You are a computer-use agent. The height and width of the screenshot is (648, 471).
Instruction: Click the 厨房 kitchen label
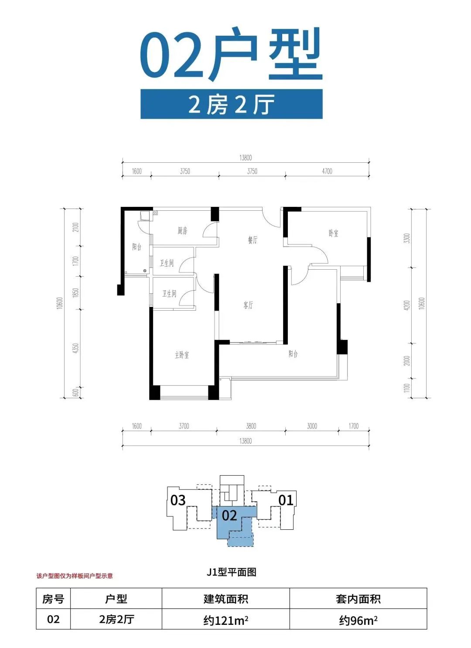[182, 230]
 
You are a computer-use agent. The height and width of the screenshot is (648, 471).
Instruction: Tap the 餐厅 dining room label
[253, 240]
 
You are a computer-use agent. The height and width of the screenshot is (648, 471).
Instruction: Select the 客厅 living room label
[248, 305]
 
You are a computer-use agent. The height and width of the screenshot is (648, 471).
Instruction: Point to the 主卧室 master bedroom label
[182, 355]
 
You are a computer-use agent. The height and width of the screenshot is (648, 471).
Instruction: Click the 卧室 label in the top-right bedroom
[333, 233]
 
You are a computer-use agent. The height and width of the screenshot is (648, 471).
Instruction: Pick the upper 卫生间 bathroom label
[167, 263]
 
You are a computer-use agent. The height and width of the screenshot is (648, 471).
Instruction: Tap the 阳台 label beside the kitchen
[137, 247]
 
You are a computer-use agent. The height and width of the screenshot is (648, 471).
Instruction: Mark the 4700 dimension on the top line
[327, 171]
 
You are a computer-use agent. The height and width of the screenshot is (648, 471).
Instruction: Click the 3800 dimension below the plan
[251, 426]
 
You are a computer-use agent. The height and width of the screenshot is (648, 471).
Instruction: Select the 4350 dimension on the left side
[76, 348]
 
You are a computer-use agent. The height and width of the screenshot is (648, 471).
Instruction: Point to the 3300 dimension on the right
[407, 238]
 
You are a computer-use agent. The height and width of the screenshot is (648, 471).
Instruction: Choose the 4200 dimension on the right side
[407, 305]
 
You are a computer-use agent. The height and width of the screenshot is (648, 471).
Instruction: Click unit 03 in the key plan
[178, 500]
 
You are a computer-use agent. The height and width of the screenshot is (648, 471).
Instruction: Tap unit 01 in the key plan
[286, 500]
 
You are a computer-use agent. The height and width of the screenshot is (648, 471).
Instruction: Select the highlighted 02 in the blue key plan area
[229, 515]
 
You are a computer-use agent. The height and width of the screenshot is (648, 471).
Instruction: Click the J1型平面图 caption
[231, 572]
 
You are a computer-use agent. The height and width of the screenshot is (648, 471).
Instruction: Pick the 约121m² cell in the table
[225, 620]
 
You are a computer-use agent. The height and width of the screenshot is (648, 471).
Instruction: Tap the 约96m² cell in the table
[358, 620]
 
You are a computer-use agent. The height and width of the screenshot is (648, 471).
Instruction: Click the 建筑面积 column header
[225, 599]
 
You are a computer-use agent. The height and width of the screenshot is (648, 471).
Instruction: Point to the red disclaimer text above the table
[75, 576]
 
